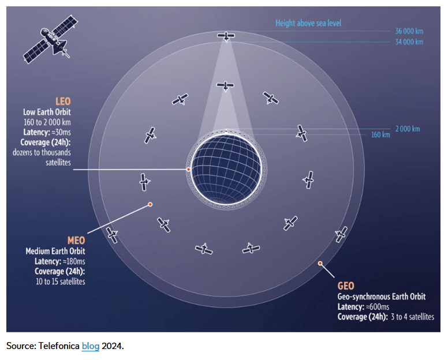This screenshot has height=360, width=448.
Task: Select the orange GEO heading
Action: point(347,286)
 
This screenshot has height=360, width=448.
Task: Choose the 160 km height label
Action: point(379,134)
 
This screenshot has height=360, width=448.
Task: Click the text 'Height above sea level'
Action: point(308,23)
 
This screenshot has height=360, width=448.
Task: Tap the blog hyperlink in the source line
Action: point(91,346)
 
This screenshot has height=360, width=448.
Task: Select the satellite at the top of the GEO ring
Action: point(226,36)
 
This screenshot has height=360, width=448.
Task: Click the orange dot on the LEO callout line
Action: point(188,169)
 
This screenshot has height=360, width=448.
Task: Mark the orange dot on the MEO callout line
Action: point(150,204)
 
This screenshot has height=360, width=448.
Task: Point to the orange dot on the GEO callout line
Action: point(320,264)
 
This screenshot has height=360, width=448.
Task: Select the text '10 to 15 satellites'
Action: point(60,281)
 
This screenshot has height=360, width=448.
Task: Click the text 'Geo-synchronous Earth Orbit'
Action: point(382,297)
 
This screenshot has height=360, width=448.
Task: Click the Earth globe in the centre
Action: point(226,169)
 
